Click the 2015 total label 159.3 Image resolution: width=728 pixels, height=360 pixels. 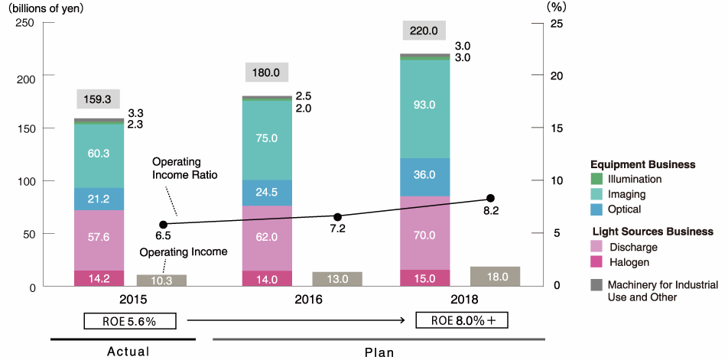tap(99, 99)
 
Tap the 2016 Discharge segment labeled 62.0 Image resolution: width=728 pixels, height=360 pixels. tap(266, 237)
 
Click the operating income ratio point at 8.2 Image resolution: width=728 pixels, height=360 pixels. tap(491, 199)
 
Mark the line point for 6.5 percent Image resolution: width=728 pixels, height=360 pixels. tap(163, 225)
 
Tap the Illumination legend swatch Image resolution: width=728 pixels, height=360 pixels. tap(597, 179)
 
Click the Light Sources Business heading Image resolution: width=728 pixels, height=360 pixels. tap(652, 231)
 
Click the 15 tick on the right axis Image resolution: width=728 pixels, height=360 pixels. tap(556, 128)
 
